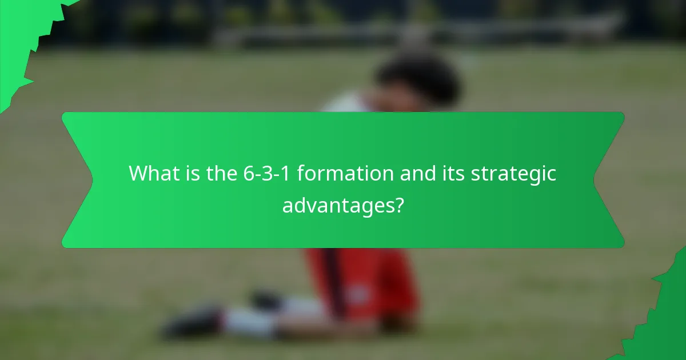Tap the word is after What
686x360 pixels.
point(192,173)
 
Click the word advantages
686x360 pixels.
point(336,205)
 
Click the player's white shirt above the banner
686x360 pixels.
point(343,104)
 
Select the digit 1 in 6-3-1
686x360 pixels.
point(285,173)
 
